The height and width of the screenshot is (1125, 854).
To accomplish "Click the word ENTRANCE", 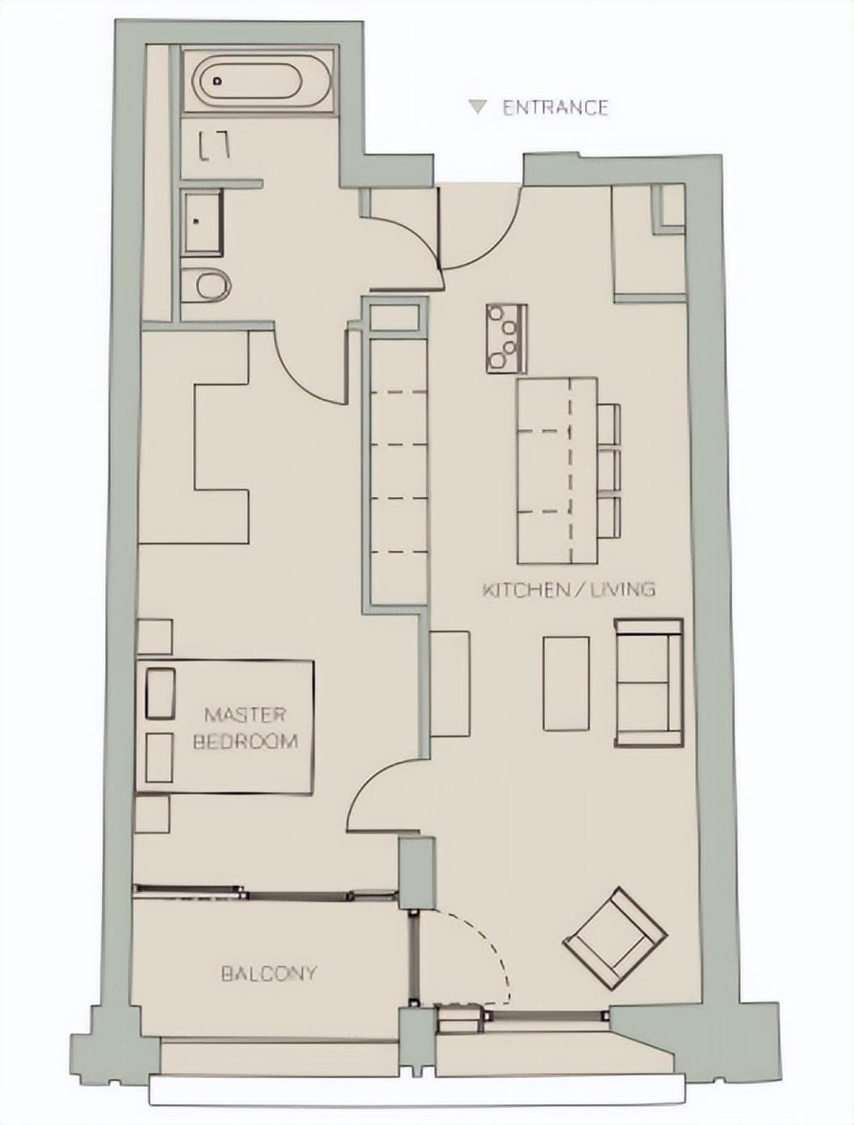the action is click(x=556, y=108).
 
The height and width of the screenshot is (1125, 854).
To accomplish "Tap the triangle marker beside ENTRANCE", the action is click(x=478, y=107).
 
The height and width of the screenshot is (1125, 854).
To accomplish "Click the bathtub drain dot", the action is click(x=218, y=81).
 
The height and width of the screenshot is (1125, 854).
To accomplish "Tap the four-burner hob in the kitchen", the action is click(x=506, y=339).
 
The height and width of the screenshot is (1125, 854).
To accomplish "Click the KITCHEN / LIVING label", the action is click(x=569, y=589).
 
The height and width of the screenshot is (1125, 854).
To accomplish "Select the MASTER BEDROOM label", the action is click(x=245, y=729).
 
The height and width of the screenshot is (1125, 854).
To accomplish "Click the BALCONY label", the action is click(x=269, y=973).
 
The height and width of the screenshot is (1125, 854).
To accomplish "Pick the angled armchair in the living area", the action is click(x=615, y=938).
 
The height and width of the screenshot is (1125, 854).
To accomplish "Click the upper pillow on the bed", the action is click(x=160, y=693).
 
